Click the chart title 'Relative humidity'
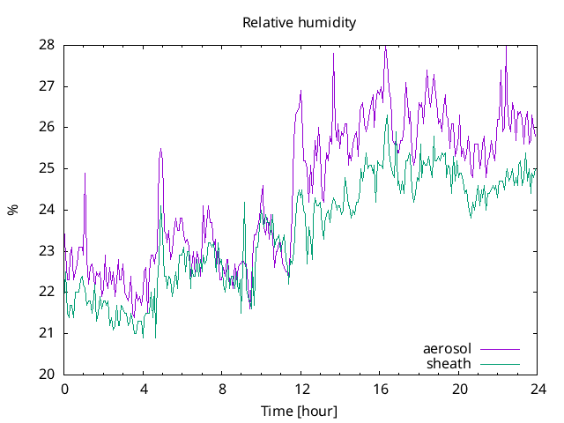coord(300,23)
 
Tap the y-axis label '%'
coord(12,210)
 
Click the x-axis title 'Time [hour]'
coord(300,411)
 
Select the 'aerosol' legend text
coord(447,349)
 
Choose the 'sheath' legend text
coord(449,363)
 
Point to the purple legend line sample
coord(499,350)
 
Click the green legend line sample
coord(499,364)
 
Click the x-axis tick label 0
coord(64,389)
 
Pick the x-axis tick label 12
coord(301,389)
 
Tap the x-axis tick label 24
coord(538,389)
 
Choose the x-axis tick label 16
coord(380,389)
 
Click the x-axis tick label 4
coord(144,389)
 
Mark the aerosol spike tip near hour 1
coord(85,173)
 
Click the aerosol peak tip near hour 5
coord(160,149)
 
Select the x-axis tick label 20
coord(458,389)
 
